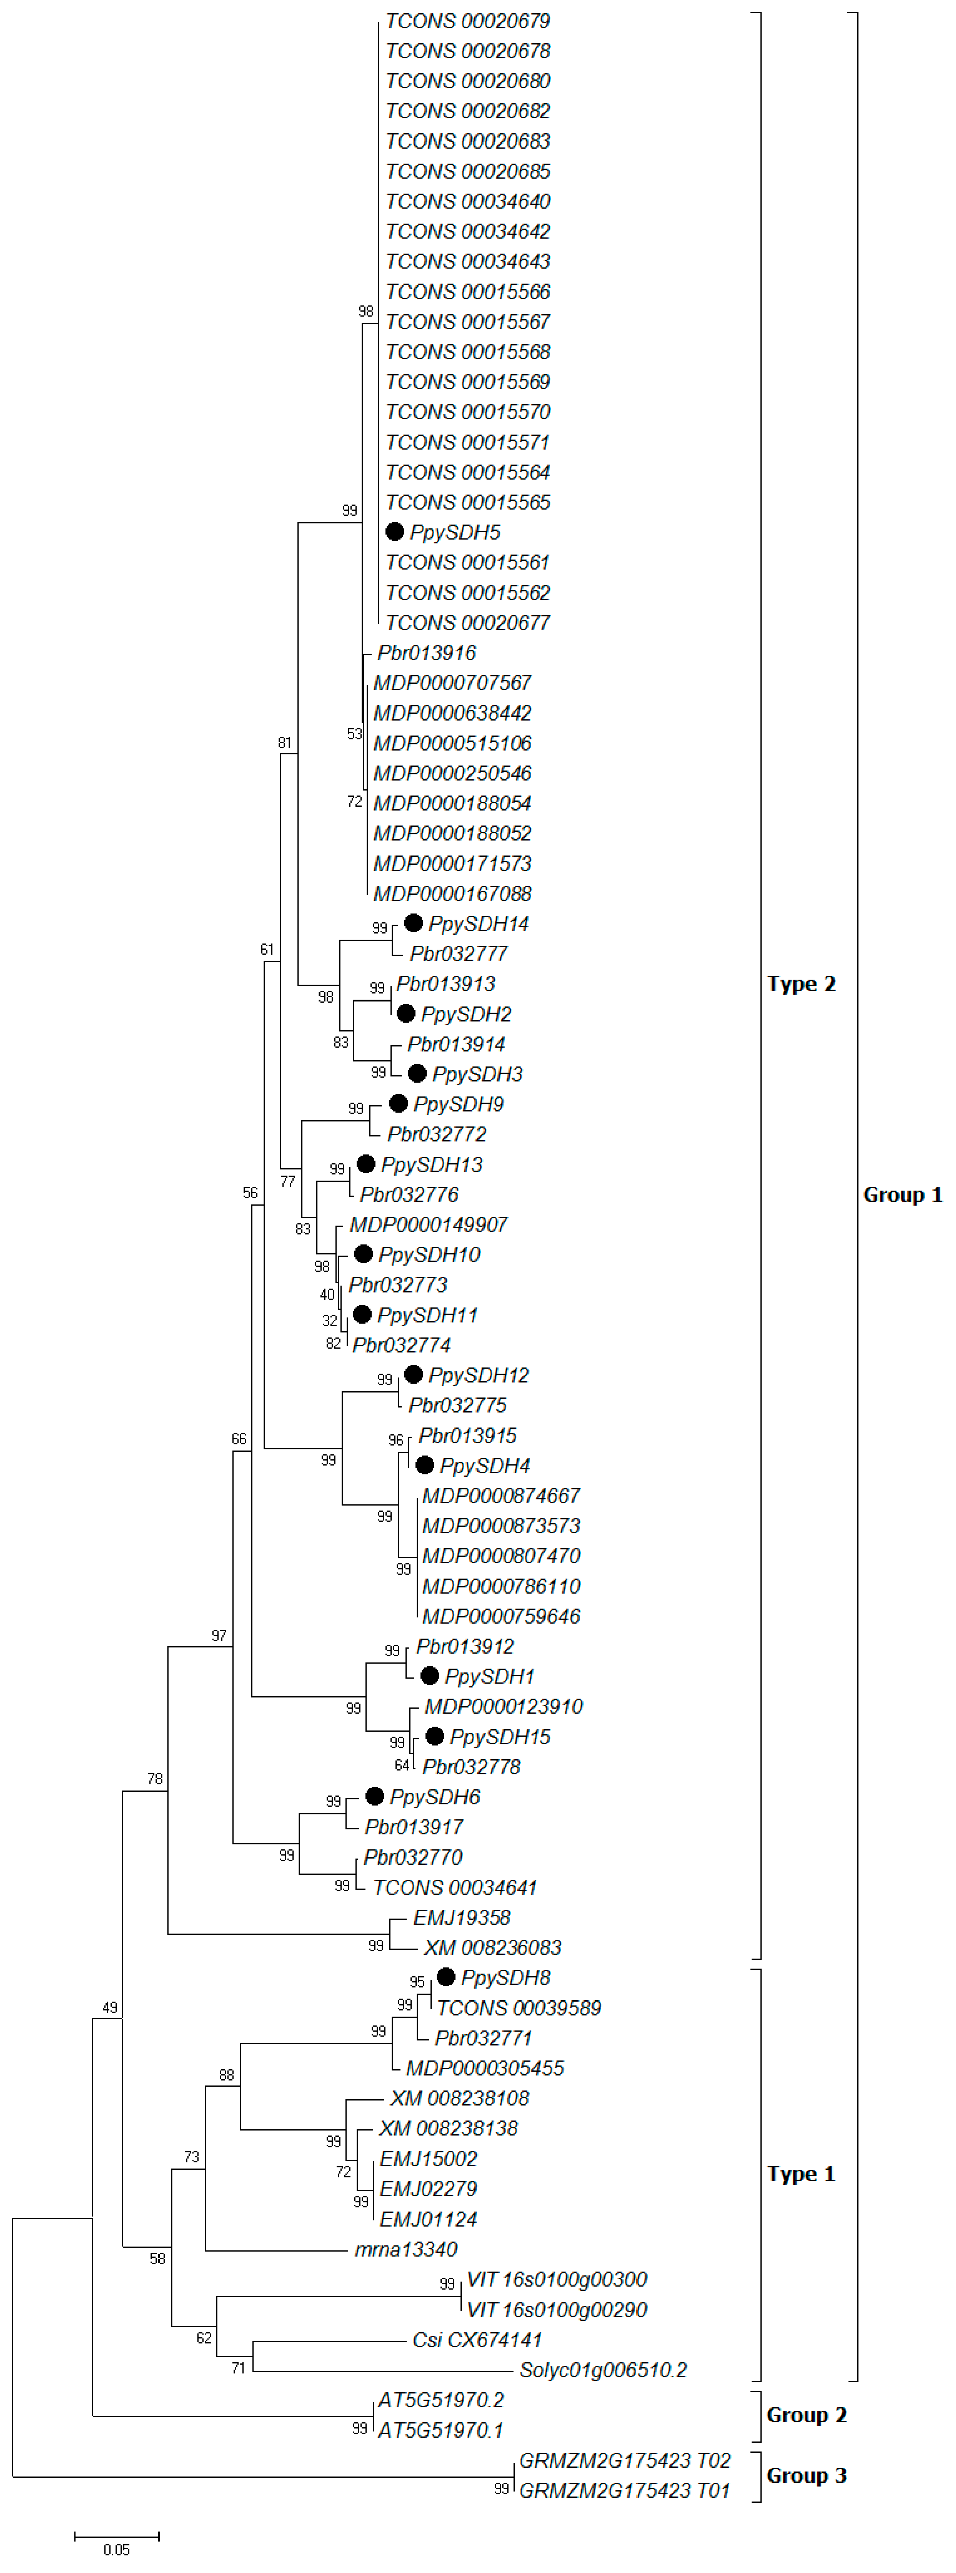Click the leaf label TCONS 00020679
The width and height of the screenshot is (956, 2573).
click(467, 21)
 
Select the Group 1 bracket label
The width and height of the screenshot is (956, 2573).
click(902, 1195)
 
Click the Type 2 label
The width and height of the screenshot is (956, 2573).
click(801, 984)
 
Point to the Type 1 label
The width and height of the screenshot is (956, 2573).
click(801, 2174)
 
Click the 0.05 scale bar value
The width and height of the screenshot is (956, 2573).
click(117, 2549)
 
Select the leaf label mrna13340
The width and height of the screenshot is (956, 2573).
click(406, 2249)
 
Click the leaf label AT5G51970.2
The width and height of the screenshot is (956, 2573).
click(440, 2399)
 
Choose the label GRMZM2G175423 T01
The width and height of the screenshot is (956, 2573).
click(624, 2490)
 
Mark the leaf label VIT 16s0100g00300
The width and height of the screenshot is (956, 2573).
click(556, 2279)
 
